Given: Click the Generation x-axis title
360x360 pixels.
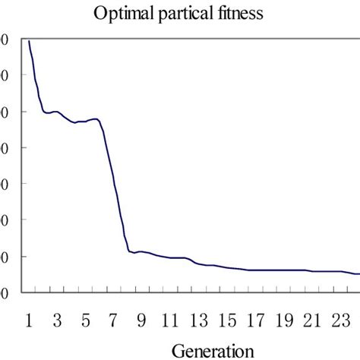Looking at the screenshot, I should tap(212, 350).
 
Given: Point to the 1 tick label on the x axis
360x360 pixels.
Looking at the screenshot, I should tap(29, 320).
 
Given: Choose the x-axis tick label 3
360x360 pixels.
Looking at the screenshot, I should tap(57, 320).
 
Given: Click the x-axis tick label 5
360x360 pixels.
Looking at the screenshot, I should tap(85, 320).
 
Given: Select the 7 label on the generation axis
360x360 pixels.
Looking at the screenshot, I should tap(114, 320).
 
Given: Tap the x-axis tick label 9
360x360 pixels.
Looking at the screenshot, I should tap(142, 320).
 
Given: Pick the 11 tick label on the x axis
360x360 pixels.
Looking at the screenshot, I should tap(170, 320).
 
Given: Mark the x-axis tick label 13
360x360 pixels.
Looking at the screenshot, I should tap(198, 320).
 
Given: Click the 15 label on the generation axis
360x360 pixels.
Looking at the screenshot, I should tap(227, 320).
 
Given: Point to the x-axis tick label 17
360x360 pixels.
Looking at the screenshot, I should tap(255, 320).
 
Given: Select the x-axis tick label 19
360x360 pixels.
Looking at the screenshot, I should tap(284, 320).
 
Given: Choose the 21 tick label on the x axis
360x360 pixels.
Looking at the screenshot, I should tap(312, 320).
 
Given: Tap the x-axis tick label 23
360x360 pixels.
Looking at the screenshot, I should tap(340, 320).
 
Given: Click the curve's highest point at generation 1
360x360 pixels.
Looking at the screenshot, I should tap(29, 41).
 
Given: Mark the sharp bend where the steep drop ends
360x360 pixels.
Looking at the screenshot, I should tap(129, 251).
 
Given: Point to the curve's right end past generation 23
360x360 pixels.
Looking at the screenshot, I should tap(358, 274).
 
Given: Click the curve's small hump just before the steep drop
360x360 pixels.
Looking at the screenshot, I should tap(95, 118).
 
